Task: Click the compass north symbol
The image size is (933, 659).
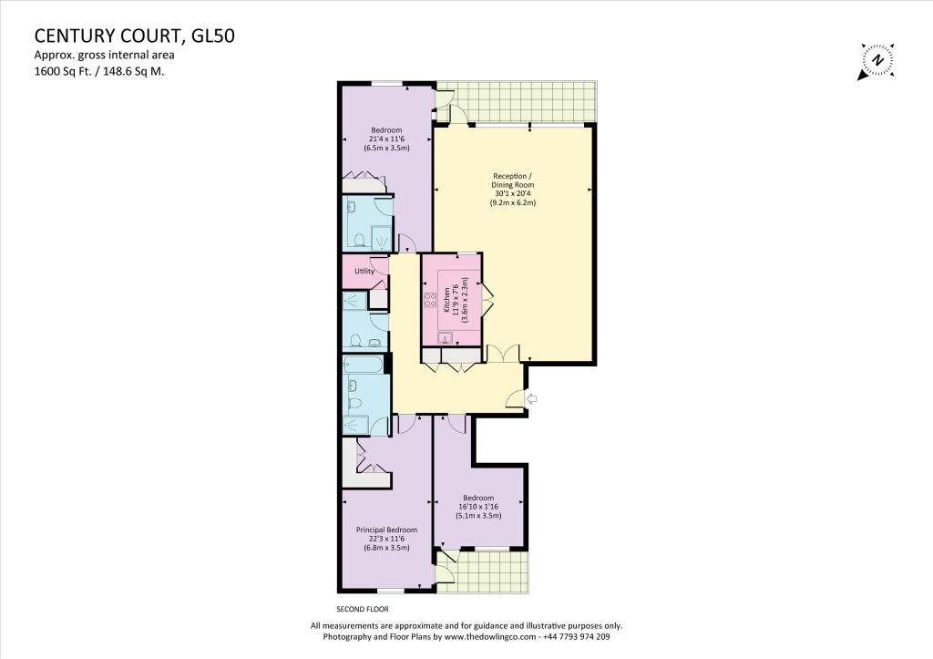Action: (877, 61)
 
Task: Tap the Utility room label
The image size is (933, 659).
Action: (364, 271)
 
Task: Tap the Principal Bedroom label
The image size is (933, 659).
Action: (387, 530)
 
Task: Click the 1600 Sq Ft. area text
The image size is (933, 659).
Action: (63, 70)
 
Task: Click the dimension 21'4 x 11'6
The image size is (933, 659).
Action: (386, 139)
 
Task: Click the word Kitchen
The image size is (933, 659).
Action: (447, 300)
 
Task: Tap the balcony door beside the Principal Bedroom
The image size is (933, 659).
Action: (446, 570)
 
